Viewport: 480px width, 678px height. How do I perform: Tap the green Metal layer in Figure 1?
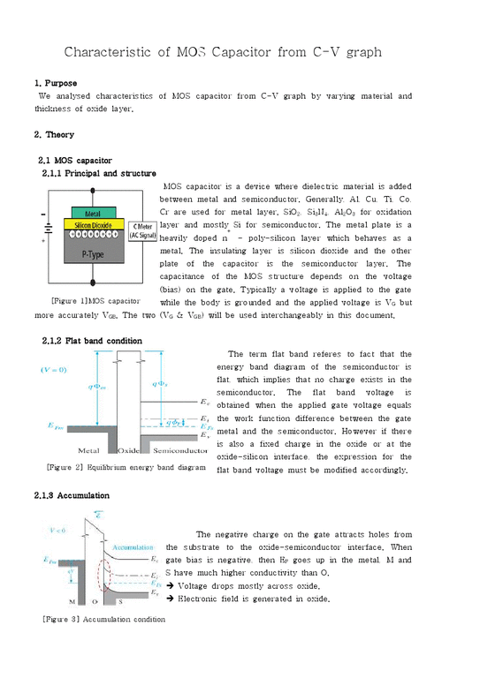pos(92,214)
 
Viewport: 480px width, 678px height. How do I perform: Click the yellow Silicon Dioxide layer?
pos(92,225)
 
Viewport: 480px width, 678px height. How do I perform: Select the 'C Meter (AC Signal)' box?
pos(142,231)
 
